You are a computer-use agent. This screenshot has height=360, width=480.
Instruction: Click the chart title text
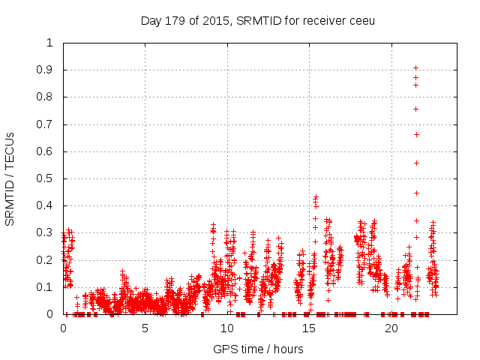[258, 20]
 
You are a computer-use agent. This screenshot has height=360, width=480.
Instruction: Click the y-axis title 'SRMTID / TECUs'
[10, 178]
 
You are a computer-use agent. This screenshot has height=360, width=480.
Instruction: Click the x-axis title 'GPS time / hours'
[258, 349]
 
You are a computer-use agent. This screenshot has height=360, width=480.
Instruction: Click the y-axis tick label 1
[53, 43]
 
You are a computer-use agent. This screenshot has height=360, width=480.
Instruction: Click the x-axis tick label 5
[145, 328]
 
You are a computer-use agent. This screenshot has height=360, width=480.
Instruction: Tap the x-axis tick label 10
[227, 328]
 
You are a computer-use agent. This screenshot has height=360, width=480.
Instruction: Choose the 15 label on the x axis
[309, 328]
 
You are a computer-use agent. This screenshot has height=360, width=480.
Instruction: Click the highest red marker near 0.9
[415, 67]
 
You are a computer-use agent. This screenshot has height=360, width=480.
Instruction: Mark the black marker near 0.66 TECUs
[415, 134]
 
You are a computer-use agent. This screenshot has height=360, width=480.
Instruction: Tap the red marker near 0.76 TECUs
[415, 109]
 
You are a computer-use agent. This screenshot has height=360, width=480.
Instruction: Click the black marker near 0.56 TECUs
[415, 163]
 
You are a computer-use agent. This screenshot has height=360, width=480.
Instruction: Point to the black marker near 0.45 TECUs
[415, 193]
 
